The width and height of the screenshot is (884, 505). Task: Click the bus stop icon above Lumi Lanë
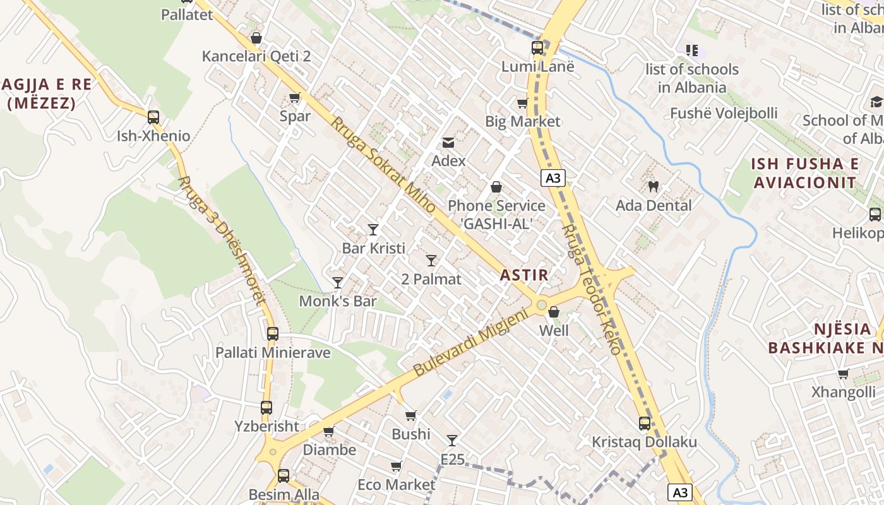click(x=537, y=47)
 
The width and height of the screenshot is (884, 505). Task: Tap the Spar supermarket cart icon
click(x=294, y=97)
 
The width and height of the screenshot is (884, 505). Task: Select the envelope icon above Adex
click(x=448, y=143)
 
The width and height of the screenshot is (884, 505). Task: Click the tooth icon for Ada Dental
click(x=654, y=186)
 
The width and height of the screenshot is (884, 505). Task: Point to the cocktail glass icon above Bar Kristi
click(x=373, y=229)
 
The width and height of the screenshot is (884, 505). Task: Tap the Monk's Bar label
click(x=338, y=301)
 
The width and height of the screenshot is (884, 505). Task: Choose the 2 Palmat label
click(x=431, y=279)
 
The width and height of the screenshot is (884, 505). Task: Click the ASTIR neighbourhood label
click(x=524, y=275)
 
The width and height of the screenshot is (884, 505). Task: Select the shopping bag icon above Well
click(x=554, y=312)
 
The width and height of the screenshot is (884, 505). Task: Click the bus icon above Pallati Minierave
click(x=273, y=334)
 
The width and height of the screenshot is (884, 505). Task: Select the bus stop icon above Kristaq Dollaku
click(x=644, y=423)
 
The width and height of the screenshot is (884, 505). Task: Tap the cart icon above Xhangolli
click(x=843, y=374)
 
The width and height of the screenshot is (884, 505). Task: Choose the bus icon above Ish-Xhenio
click(x=153, y=117)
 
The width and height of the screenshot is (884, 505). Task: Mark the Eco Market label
click(x=397, y=485)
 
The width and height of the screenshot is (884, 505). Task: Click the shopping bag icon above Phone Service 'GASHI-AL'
click(x=496, y=187)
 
